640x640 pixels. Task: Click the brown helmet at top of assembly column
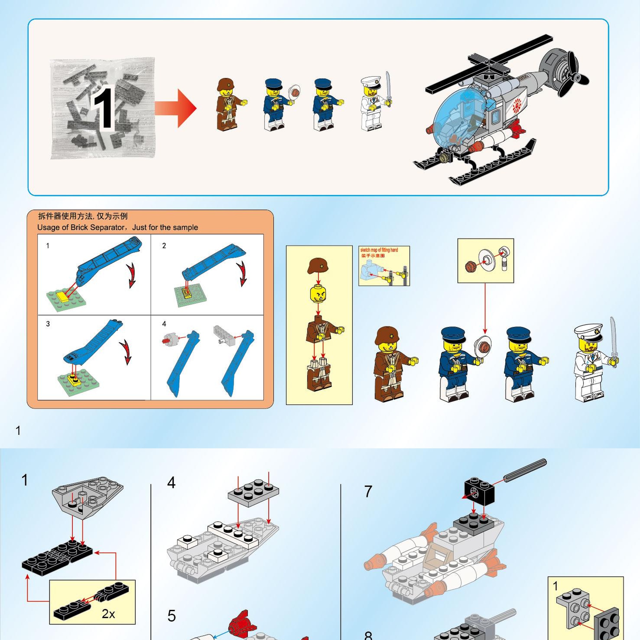318,266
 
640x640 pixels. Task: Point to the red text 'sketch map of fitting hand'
379,250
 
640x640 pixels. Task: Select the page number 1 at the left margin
18,431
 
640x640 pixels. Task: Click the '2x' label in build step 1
108,614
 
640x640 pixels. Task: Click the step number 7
368,492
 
